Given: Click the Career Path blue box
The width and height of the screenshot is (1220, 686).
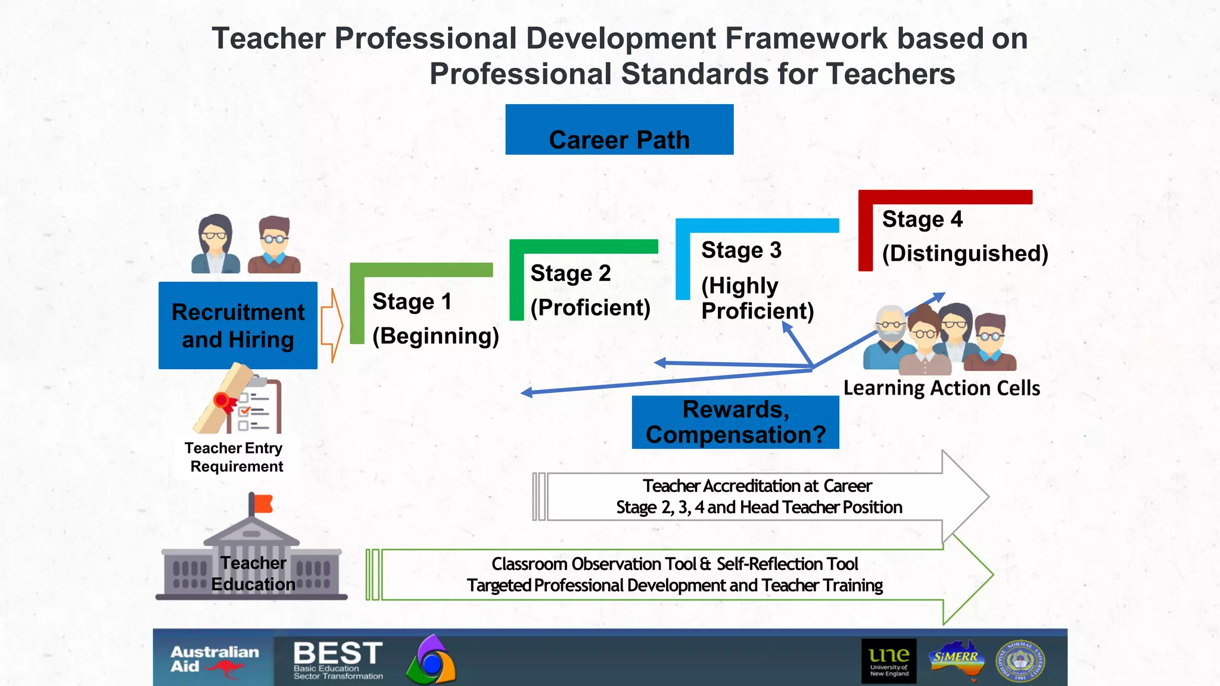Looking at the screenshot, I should point(619,130).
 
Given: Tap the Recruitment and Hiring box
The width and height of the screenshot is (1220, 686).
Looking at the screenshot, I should point(238,325).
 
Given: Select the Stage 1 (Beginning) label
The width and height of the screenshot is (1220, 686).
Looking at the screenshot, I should point(435,319).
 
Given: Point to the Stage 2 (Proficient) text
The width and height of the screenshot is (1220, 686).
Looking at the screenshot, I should point(590,291).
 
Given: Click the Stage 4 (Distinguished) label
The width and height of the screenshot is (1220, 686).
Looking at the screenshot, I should point(964,236).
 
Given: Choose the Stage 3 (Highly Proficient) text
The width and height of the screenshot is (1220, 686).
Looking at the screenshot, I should point(757,280).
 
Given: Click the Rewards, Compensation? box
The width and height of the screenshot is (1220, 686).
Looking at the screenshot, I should point(735,422).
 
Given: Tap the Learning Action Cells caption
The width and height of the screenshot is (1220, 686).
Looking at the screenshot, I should point(941,388).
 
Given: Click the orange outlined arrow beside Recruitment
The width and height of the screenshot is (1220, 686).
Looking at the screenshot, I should point(332,325).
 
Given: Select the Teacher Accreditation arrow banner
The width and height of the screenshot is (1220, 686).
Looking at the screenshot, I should point(759,497).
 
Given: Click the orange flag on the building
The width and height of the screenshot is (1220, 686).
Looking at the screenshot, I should point(263,504).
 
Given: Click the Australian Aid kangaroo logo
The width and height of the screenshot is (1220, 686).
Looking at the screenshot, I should point(214,660).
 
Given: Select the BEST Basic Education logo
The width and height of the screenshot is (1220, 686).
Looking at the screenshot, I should point(338,660).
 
